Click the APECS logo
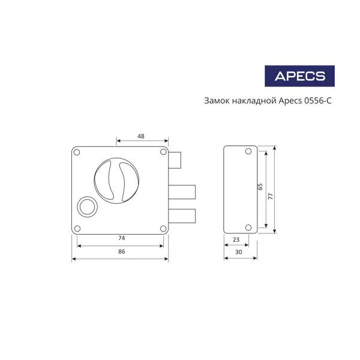tap(299, 76)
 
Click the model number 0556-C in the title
tap(318, 101)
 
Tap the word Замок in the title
tap(217, 101)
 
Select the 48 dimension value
tap(141, 136)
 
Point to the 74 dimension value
tap(122, 238)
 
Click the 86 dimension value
tap(122, 251)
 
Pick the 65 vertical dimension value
tap(260, 187)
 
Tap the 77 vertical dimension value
tap(271, 196)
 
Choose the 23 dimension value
tap(236, 239)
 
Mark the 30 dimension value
tap(239, 252)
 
